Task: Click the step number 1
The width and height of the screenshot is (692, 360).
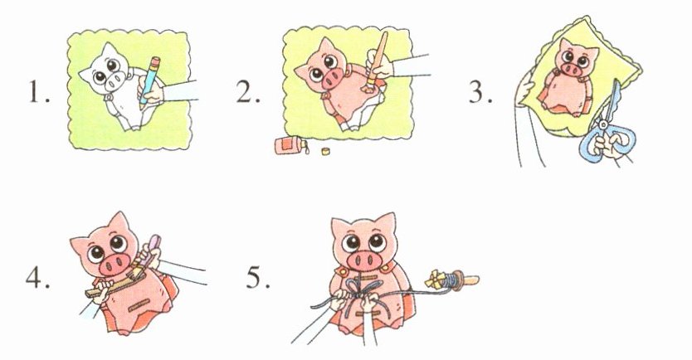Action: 39,93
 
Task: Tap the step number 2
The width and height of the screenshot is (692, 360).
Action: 248,92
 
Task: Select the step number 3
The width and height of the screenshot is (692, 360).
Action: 480,92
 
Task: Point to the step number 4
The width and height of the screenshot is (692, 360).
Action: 37,279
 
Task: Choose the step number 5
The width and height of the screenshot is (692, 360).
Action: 258,278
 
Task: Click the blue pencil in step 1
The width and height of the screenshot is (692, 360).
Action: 149,82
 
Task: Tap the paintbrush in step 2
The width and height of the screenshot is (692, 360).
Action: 378,60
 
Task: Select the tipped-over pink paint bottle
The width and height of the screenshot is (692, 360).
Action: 290,146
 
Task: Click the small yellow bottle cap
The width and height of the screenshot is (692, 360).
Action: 326,152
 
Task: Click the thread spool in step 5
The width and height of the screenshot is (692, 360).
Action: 452,280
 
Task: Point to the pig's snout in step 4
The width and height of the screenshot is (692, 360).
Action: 115,265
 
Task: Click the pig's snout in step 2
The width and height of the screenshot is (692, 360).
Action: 332,79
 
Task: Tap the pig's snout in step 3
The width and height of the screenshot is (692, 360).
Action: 572,68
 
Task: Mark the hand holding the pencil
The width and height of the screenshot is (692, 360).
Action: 151,92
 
